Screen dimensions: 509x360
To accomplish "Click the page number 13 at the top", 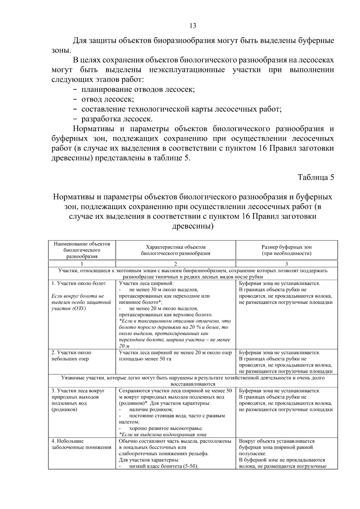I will click(x=193, y=26).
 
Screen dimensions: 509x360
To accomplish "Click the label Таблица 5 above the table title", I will click(x=316, y=177).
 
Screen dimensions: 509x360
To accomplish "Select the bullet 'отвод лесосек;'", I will click(x=107, y=99).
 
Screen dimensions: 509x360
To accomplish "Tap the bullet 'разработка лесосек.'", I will click(x=117, y=119).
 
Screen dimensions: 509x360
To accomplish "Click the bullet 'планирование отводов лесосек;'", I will click(x=138, y=89).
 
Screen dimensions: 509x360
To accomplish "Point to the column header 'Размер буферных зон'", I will click(x=286, y=247).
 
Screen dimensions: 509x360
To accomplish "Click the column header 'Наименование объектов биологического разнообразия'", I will click(x=82, y=250).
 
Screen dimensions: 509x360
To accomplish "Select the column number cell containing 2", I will click(x=175, y=264).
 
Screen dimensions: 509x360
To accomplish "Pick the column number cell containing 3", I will click(x=286, y=264).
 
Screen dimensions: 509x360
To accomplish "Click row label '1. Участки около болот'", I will click(x=79, y=283).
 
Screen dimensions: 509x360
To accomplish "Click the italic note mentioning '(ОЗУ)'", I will click(x=81, y=302).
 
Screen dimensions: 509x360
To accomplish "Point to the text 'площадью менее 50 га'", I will click(x=145, y=359).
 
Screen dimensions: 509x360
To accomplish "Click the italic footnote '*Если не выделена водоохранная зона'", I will click(x=163, y=434).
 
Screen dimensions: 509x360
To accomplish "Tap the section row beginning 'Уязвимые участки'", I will click(x=193, y=381).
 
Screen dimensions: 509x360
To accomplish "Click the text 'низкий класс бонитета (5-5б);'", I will click(x=164, y=466).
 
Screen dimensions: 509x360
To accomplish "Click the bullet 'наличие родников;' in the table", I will click(x=151, y=409).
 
